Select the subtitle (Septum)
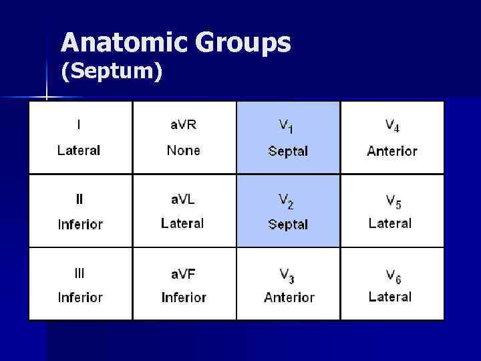tap(112, 72)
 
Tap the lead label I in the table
tap(79, 124)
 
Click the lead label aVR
tap(183, 124)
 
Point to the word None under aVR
tap(183, 150)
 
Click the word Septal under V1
tap(288, 151)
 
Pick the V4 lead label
tap(392, 126)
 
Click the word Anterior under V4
tap(392, 151)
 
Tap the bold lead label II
tap(79, 199)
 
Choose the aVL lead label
tap(182, 199)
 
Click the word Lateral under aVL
tap(182, 223)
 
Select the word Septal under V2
tap(288, 225)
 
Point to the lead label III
tap(79, 272)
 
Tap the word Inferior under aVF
tap(183, 297)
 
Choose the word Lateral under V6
tap(390, 297)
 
